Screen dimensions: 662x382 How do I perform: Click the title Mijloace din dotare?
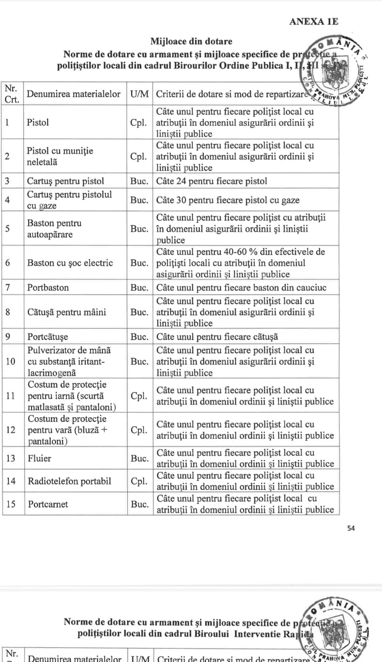point(191,42)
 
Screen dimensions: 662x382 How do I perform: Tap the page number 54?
point(351,528)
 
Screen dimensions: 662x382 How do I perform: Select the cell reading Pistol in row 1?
point(38,122)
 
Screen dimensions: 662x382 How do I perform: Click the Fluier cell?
point(39,458)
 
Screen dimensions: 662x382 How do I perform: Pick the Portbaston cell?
point(48,287)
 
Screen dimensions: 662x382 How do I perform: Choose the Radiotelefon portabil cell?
point(69,481)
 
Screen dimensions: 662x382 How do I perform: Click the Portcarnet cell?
point(48,504)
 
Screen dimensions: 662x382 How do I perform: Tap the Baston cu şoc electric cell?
point(70,263)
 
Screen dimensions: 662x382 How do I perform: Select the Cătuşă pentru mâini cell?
point(66,312)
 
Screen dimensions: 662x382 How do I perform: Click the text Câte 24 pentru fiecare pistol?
point(212,181)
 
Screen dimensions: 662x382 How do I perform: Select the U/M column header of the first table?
point(140,94)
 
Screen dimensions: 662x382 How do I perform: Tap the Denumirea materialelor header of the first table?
point(74,94)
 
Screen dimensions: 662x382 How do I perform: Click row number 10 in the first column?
point(11,361)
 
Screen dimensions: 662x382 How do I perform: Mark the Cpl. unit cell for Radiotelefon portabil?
point(139,481)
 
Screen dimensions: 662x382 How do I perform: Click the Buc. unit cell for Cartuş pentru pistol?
point(139,181)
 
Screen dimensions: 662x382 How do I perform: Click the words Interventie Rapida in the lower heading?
point(271,633)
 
